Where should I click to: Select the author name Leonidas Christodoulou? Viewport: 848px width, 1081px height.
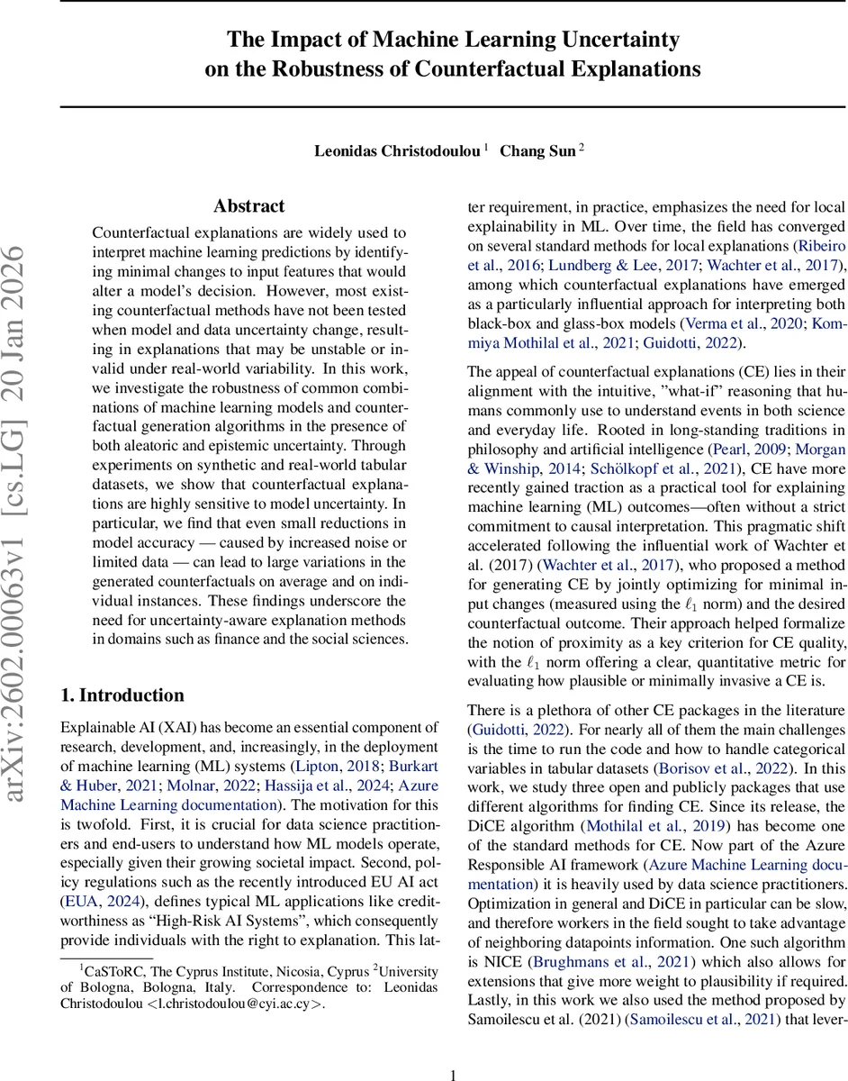[x=397, y=150]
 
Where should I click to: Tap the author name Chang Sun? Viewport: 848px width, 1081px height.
[x=537, y=150]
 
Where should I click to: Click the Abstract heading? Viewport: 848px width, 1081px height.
[x=249, y=206]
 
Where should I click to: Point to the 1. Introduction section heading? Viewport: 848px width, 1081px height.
[x=122, y=695]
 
